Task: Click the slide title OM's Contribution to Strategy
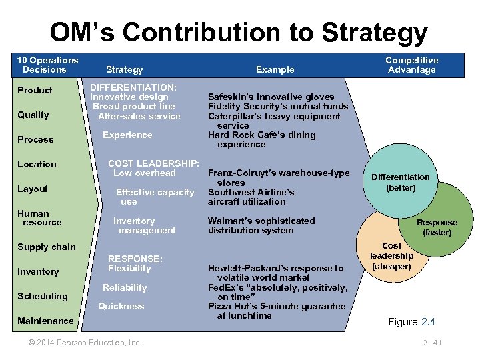239,32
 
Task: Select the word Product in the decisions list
35,90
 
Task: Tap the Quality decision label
33,115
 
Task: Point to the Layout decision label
33,189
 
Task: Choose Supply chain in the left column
47,247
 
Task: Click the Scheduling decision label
43,296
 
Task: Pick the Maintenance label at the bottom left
45,321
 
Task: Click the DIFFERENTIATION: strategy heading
133,87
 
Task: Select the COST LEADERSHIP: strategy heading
153,163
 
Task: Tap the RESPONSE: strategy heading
135,259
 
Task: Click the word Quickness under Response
121,306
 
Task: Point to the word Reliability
125,287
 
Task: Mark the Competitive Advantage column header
411,65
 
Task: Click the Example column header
275,69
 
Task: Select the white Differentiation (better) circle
400,181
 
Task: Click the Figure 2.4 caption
411,322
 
